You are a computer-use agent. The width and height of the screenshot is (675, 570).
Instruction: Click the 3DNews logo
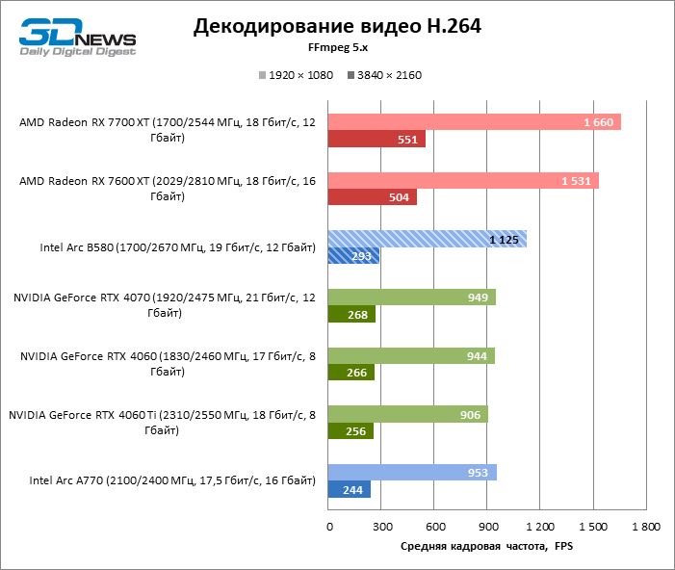click(78, 35)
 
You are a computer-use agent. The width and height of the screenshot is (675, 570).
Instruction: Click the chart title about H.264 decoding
click(337, 26)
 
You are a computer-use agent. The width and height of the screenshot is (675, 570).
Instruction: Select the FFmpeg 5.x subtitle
click(337, 50)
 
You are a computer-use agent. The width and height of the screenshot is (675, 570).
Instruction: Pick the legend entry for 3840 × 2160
click(384, 75)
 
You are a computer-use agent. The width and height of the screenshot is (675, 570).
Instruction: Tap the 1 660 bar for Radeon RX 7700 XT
click(474, 121)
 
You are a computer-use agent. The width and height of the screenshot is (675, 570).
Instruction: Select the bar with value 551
click(376, 140)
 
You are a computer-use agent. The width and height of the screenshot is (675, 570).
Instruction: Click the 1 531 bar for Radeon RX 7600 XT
click(463, 180)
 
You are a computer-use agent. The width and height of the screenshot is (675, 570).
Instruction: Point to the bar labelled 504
click(373, 198)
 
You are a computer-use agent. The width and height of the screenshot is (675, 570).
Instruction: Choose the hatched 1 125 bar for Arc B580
click(428, 239)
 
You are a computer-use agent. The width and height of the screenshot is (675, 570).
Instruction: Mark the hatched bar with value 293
click(353, 256)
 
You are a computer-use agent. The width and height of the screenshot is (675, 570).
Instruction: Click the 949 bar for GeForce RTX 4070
click(412, 298)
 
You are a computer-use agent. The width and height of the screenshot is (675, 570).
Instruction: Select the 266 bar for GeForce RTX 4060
click(351, 373)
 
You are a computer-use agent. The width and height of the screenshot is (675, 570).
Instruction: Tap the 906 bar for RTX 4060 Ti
click(408, 414)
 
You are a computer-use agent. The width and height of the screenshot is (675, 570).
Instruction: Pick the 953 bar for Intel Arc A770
click(412, 473)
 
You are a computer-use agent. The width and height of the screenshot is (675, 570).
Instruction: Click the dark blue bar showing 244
click(350, 490)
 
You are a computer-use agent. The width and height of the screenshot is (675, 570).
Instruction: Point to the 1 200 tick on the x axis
click(541, 528)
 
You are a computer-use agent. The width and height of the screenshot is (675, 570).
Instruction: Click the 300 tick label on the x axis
click(382, 528)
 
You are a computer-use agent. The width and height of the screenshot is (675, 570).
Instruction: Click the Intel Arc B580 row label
click(178, 248)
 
